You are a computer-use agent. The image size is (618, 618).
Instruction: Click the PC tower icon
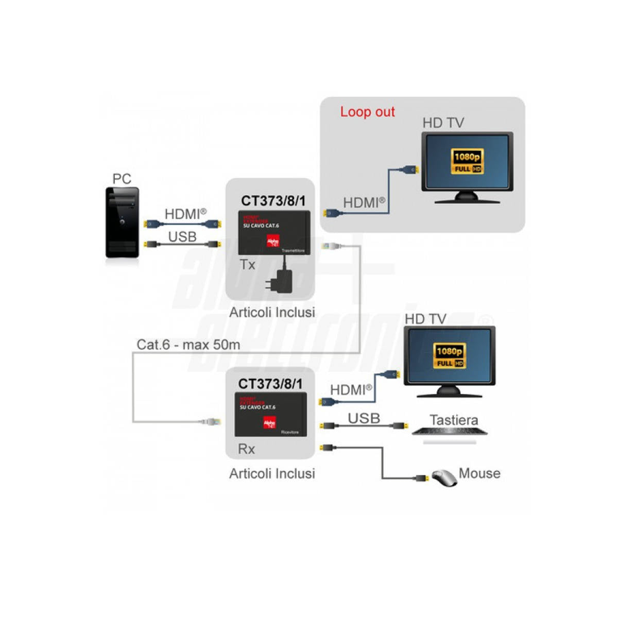[x=122, y=222]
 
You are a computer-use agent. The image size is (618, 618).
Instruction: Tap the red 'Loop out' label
[x=367, y=112]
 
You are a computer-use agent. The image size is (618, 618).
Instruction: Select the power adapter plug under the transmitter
[x=280, y=281]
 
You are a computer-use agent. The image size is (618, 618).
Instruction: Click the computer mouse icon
[x=444, y=478]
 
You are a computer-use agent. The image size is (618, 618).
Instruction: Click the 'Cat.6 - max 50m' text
[x=188, y=345]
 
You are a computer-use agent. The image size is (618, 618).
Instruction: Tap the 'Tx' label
[x=248, y=265]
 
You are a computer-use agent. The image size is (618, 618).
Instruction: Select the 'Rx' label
[x=246, y=449]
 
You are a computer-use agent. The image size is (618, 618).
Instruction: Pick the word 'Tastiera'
[x=454, y=420]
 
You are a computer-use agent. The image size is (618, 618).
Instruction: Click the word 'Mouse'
[x=479, y=473]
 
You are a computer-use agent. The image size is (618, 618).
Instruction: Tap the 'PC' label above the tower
[x=122, y=179]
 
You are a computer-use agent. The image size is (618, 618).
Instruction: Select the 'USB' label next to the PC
[x=182, y=236]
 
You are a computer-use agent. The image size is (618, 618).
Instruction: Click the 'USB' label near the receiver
[x=364, y=418]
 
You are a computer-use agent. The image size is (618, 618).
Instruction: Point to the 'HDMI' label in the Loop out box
[x=364, y=202]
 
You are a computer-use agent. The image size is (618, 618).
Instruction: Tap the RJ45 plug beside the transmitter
[x=330, y=246]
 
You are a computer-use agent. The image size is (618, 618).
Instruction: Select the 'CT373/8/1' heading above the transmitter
[x=273, y=201]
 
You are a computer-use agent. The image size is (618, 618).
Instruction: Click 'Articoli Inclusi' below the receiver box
[x=272, y=473]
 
